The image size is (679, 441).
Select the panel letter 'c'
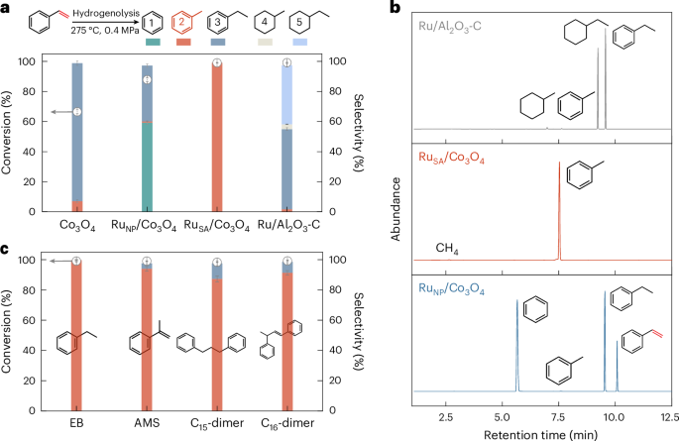pos(6,247)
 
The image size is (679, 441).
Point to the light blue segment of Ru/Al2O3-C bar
pos(287,94)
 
